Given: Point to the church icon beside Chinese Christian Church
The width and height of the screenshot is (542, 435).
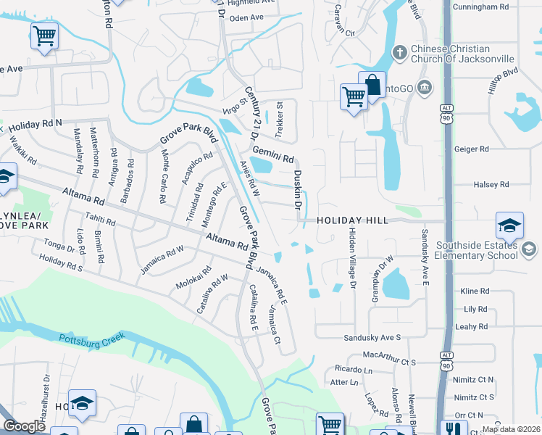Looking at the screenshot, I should click(x=398, y=52).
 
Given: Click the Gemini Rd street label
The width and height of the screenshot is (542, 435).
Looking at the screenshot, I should click(x=272, y=154).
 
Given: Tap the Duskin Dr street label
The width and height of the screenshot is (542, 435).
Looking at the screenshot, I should click(x=297, y=190).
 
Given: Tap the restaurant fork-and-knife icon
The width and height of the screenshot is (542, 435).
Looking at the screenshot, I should click(x=454, y=428).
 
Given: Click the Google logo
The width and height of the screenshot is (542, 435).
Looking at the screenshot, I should click(x=24, y=427).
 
